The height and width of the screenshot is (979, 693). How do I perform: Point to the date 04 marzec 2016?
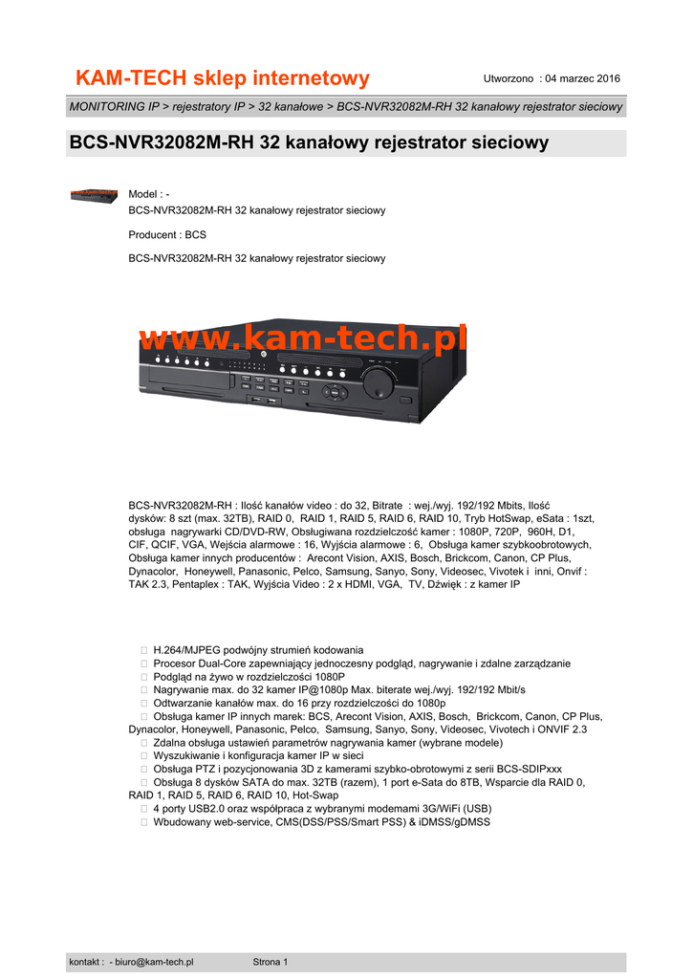tap(584, 78)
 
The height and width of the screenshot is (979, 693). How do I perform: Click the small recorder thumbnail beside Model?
tap(94, 196)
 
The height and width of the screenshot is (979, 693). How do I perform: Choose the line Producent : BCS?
tap(167, 234)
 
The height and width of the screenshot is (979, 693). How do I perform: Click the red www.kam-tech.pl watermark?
tap(303, 337)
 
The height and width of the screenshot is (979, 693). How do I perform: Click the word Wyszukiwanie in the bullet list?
tap(187, 755)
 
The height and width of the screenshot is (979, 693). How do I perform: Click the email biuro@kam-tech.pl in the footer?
tap(155, 962)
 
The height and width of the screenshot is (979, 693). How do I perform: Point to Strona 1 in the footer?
tap(271, 962)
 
